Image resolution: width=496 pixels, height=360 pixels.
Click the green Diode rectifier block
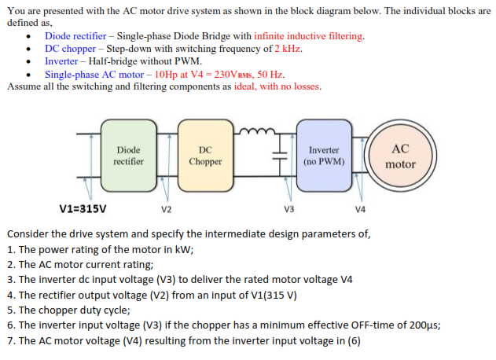point(128,156)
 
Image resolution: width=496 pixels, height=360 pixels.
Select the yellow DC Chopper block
point(205,156)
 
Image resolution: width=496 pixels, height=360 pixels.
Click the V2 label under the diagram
point(165,210)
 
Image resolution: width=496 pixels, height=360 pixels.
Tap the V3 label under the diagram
point(288,210)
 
